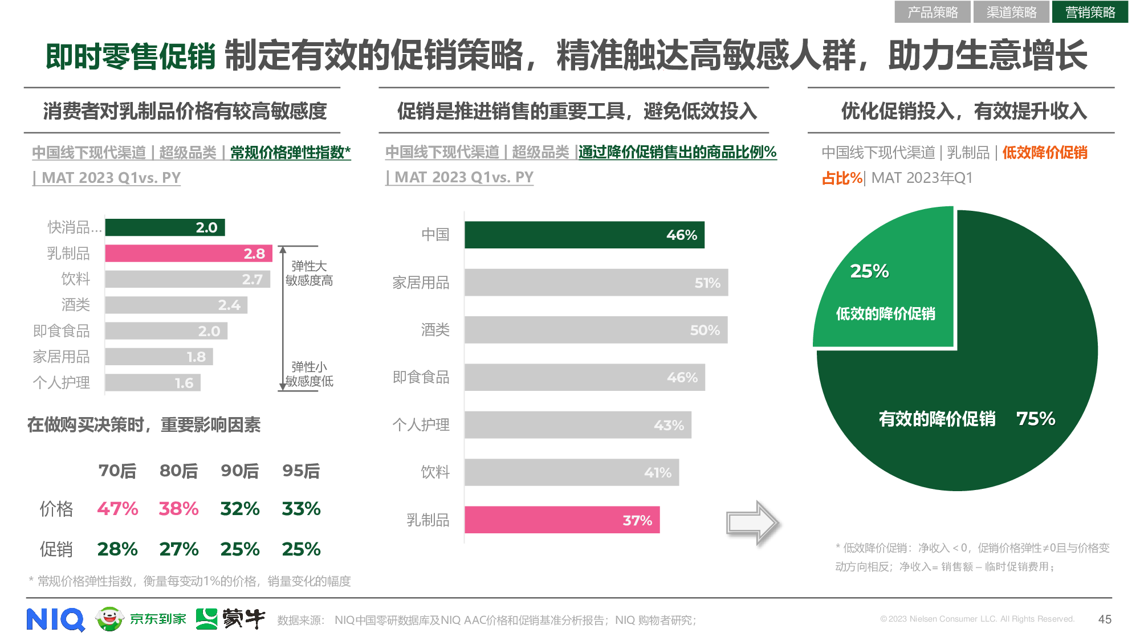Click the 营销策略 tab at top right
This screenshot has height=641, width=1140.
click(1089, 12)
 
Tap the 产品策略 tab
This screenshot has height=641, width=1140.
click(932, 12)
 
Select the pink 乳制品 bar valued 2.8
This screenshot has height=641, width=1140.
click(188, 254)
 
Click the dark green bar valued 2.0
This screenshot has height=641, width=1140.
click(165, 227)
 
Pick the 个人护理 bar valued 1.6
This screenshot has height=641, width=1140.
click(152, 383)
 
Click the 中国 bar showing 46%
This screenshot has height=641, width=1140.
click(584, 235)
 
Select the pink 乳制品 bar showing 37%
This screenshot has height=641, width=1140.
click(561, 520)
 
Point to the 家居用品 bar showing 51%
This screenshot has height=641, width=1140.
click(596, 283)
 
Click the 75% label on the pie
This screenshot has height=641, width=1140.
click(1036, 419)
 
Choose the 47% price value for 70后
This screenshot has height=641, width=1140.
click(117, 509)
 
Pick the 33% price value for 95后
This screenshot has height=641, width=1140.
click(301, 509)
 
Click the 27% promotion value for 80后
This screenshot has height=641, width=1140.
click(178, 549)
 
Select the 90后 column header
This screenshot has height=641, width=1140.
click(239, 471)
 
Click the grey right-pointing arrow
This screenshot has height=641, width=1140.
click(752, 522)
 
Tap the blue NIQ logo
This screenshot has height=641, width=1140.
click(55, 619)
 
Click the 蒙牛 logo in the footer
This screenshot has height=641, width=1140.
click(231, 619)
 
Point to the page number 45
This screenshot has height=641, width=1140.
click(1105, 619)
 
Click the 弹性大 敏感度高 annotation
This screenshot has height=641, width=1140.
click(309, 273)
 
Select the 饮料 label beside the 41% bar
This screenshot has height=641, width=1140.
click(435, 472)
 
